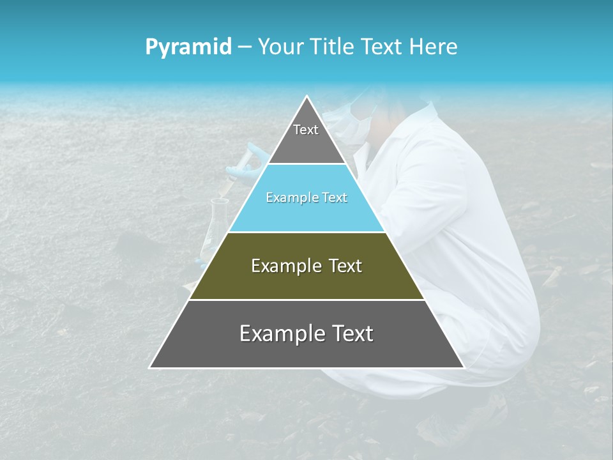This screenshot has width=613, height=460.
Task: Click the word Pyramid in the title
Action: pos(188,47)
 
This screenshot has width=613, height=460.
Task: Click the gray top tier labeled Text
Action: pos(306,137)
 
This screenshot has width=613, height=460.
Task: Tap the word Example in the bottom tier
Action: pos(278,333)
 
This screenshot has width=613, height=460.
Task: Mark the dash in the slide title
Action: pos(245,47)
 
